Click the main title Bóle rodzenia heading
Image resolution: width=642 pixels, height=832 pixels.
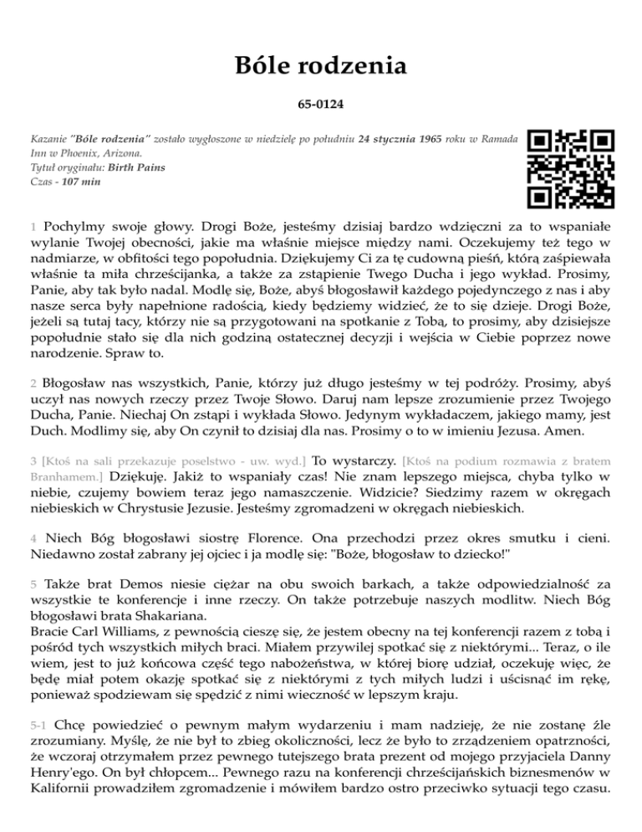coord(321,64)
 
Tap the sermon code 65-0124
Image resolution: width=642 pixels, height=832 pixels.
coord(321,106)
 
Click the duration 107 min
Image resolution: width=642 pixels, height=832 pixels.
coord(78,182)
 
